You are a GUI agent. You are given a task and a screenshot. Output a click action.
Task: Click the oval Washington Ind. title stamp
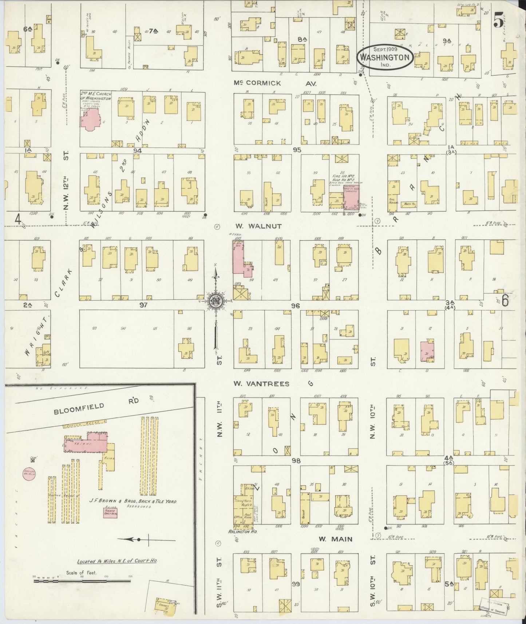pyautogui.click(x=385, y=57)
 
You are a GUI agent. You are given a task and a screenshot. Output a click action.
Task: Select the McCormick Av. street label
pyautogui.click(x=275, y=83)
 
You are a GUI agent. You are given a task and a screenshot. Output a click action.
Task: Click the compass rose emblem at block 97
pyautogui.click(x=215, y=301)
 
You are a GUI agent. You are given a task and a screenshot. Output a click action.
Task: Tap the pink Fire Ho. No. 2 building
pyautogui.click(x=351, y=199)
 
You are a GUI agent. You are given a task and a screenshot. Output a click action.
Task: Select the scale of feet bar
pyautogui.click(x=82, y=581)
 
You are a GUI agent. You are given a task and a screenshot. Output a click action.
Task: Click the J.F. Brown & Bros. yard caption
pyautogui.click(x=133, y=501)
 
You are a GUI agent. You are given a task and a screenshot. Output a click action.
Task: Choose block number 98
pyautogui.click(x=296, y=461)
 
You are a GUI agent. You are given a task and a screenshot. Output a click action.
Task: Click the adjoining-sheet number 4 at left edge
pyautogui.click(x=17, y=219)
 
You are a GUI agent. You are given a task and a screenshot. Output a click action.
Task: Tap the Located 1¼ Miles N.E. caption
pyautogui.click(x=117, y=561)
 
